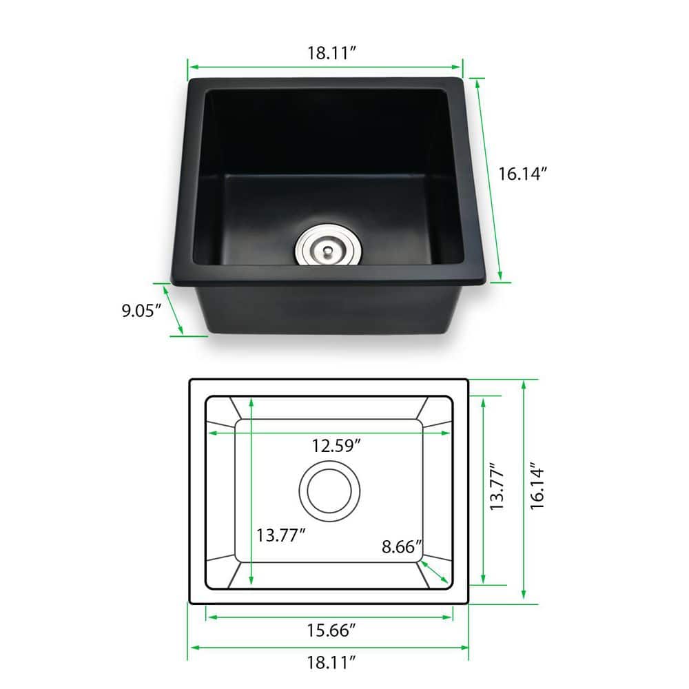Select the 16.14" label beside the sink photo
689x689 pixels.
coord(523,174)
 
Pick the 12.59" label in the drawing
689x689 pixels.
coord(336,446)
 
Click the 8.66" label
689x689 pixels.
coord(402,548)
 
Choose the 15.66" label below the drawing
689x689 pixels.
coord(331,629)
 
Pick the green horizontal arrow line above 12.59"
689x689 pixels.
coord(330,433)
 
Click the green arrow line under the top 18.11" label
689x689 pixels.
coord(325,68)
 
